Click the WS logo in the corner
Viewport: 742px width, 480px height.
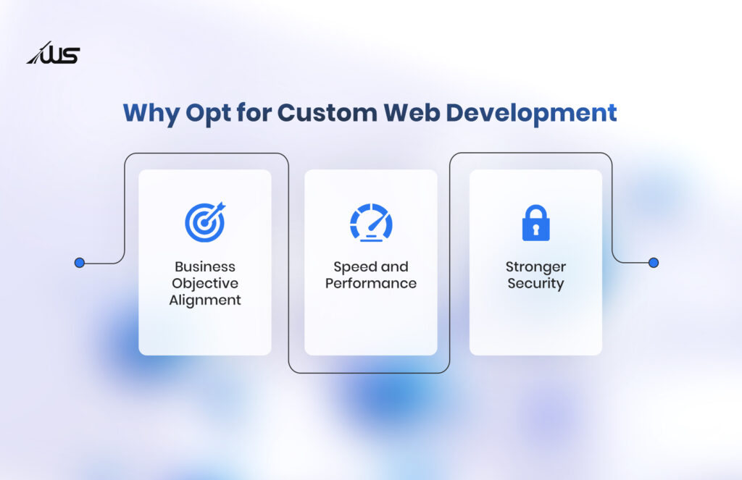coord(53,53)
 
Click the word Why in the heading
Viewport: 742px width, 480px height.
coord(151,114)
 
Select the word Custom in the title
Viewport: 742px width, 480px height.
coord(327,112)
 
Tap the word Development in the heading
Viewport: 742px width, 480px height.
coord(531,114)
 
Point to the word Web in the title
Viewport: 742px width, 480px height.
coord(412,112)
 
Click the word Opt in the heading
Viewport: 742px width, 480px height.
coord(205,114)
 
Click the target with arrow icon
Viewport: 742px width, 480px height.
coord(205,222)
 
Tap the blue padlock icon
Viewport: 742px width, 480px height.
coord(535,223)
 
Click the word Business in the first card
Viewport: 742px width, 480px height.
coord(205,266)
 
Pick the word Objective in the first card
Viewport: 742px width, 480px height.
coord(205,283)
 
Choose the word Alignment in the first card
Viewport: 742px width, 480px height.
coord(205,300)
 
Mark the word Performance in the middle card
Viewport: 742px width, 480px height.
coord(371,283)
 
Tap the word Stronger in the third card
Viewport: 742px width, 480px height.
coord(535,267)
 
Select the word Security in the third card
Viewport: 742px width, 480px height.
coord(535,284)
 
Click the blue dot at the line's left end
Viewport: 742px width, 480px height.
coord(80,263)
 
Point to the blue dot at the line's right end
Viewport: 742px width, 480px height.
coord(654,263)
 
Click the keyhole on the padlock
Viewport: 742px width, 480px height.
coord(535,230)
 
